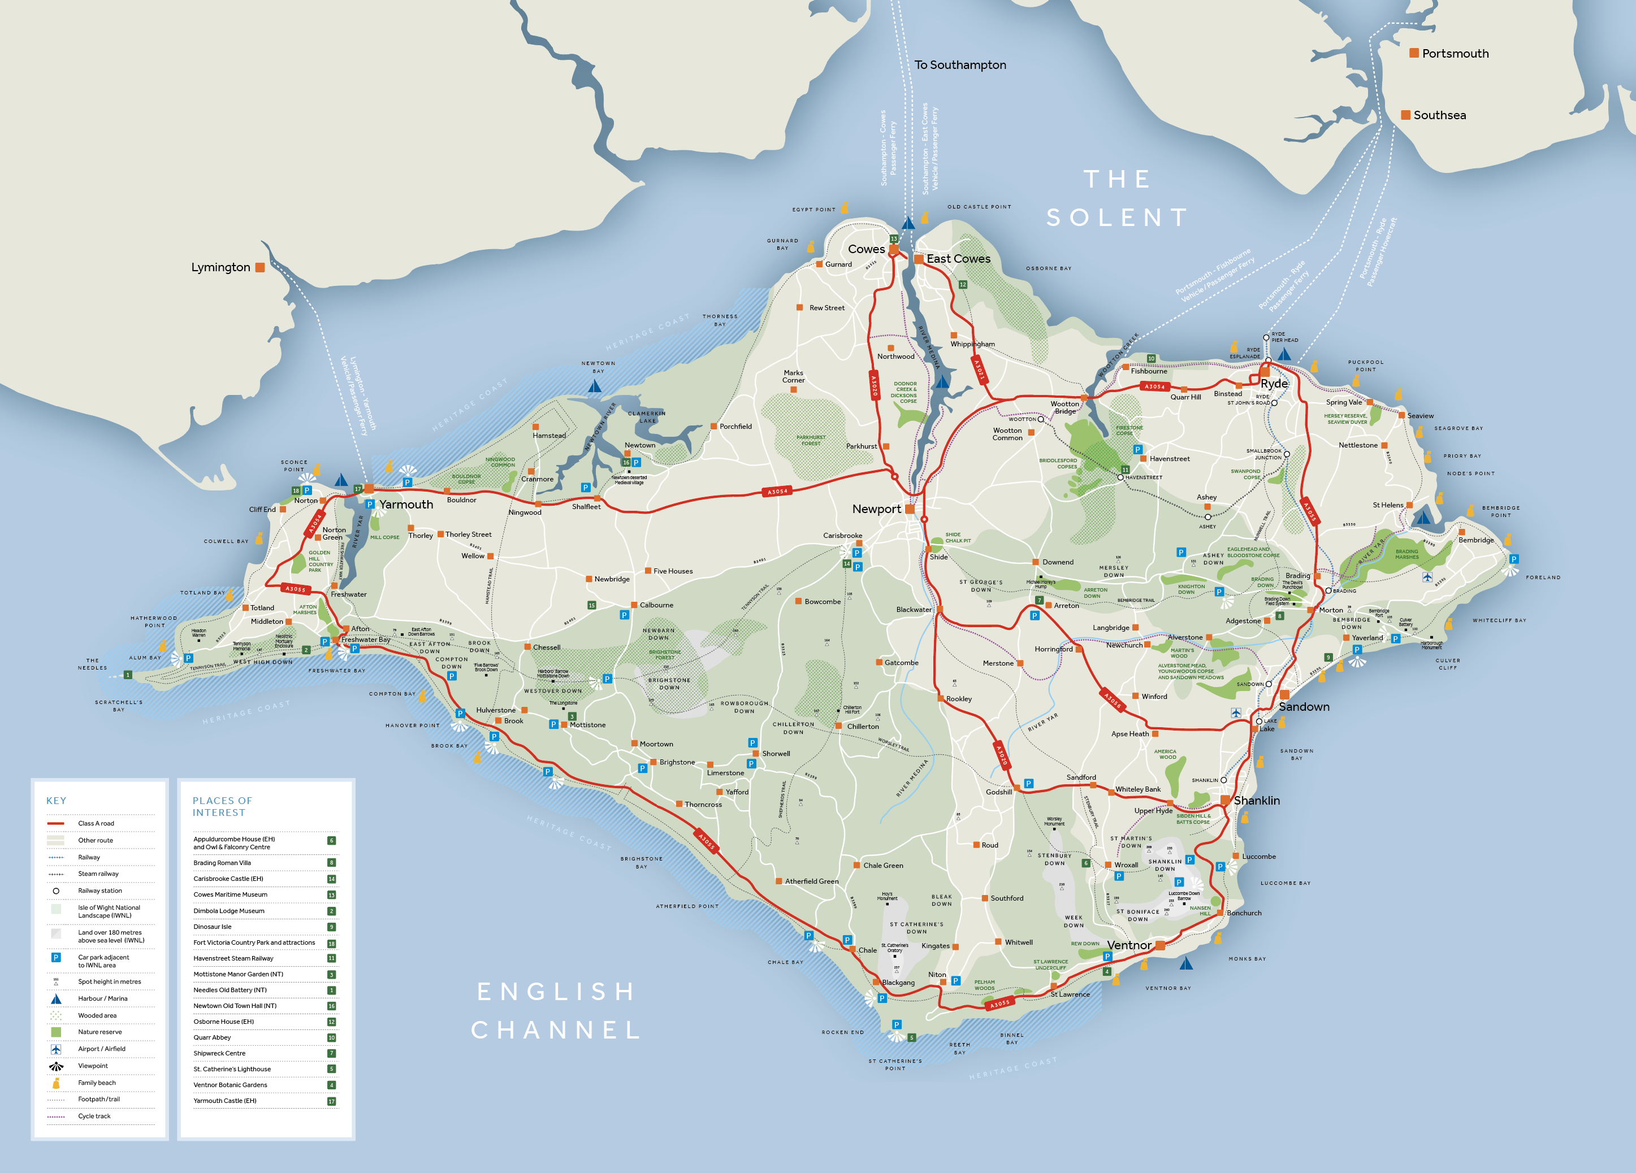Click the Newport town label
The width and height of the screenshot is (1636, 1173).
point(876,509)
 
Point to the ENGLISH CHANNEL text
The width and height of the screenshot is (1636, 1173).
point(556,1011)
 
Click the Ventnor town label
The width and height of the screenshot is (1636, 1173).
point(1129,945)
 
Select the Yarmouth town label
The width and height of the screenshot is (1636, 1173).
point(406,505)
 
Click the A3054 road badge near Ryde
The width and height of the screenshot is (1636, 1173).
point(1154,386)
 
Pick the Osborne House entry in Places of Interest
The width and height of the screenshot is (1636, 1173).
point(224,1022)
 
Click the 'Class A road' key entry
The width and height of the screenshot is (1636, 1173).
point(96,823)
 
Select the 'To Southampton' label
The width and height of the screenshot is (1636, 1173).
point(960,65)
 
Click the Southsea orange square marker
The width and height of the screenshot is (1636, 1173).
point(1405,115)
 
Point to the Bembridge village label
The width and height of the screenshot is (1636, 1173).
point(1476,540)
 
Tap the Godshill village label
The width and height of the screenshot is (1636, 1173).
point(999,792)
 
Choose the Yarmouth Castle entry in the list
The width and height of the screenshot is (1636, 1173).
point(224,1101)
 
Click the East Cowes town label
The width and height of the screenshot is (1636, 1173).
point(958,259)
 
